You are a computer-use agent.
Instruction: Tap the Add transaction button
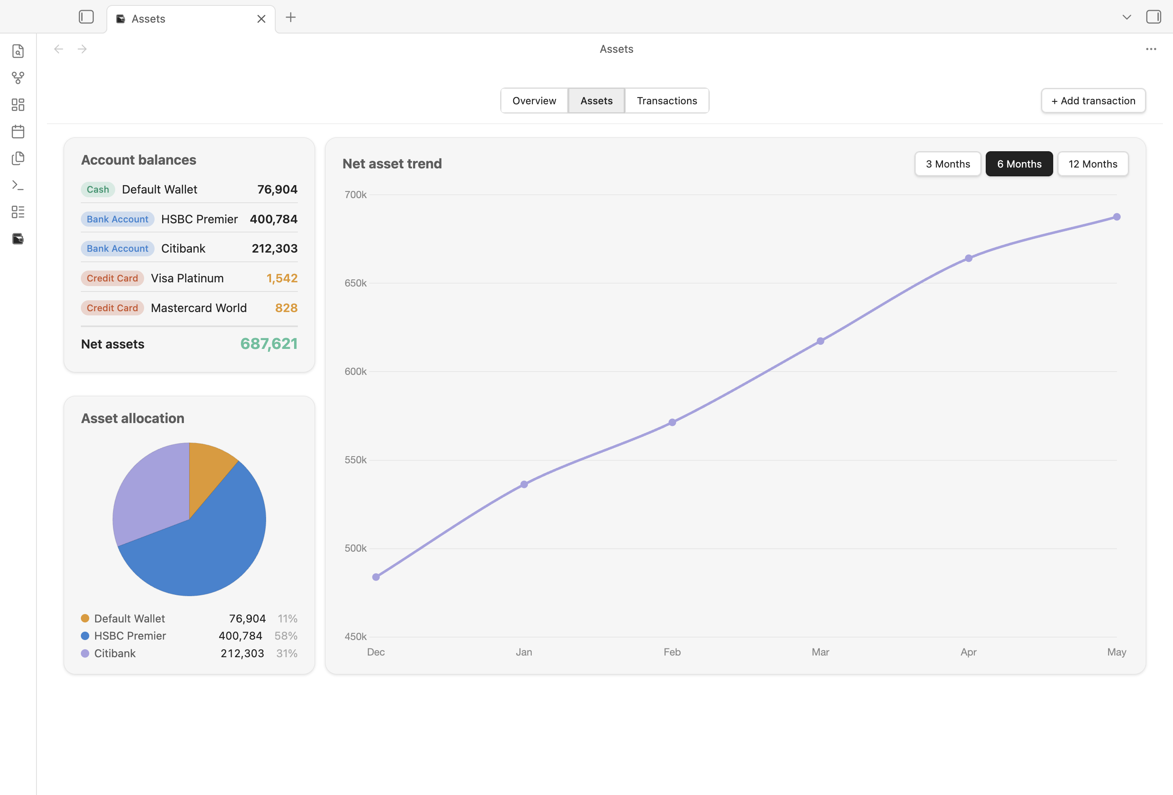(1093, 101)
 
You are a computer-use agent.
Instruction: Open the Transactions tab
(667, 101)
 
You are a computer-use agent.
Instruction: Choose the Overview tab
(534, 101)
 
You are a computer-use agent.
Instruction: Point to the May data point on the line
(1117, 217)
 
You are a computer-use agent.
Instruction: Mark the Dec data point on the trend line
(376, 577)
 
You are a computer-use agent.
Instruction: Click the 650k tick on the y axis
(355, 283)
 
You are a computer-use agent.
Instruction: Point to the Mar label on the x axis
(820, 652)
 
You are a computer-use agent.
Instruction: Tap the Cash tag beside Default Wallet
(98, 190)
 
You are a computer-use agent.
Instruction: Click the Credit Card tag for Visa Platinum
(112, 279)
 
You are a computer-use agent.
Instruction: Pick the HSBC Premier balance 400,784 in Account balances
(274, 219)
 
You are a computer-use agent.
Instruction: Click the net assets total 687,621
(269, 344)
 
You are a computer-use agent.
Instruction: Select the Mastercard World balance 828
(286, 308)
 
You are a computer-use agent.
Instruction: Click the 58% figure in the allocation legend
(286, 636)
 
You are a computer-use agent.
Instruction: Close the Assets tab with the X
(261, 19)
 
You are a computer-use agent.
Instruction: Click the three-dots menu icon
(1151, 49)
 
